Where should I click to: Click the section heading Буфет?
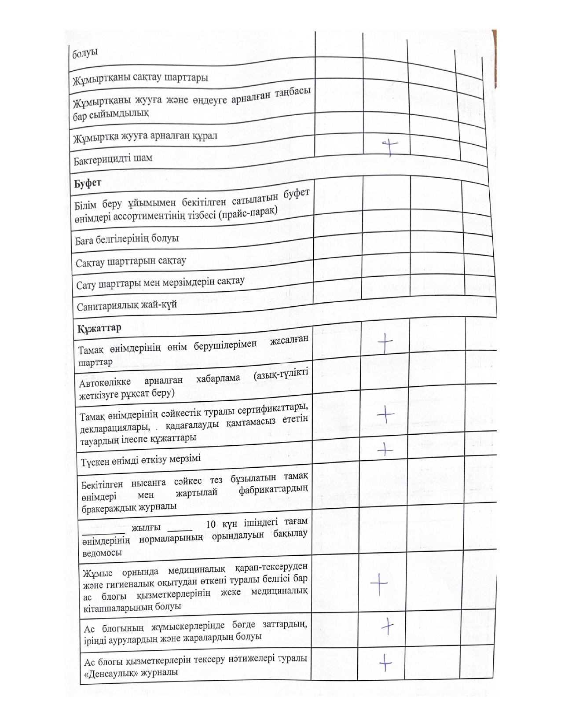(88, 183)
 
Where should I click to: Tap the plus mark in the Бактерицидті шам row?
(389, 147)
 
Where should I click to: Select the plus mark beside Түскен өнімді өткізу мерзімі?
(385, 449)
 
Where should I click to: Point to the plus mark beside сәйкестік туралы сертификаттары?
(385, 414)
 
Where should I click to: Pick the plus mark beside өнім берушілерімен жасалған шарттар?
(385, 343)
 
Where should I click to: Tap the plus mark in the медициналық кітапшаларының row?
(379, 584)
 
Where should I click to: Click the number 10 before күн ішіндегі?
(211, 524)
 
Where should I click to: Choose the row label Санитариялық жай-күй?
(127, 305)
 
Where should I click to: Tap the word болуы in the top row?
(84, 53)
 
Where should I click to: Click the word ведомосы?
(102, 553)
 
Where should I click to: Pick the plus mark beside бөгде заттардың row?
(387, 626)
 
